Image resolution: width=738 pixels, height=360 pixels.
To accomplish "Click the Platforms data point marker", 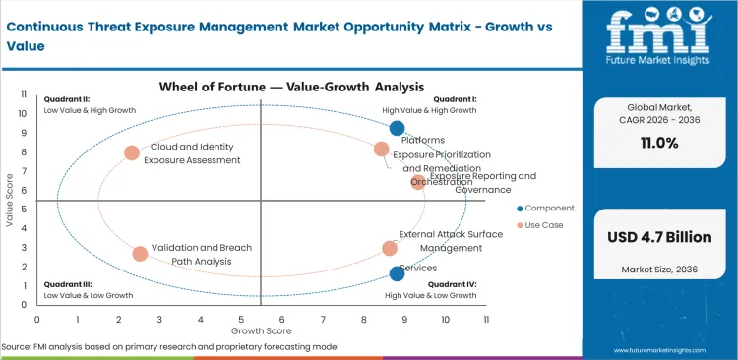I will [x=397, y=128].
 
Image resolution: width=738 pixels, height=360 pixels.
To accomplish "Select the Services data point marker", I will [x=397, y=273].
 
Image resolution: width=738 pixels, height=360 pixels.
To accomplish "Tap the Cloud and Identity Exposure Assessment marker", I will [x=132, y=152].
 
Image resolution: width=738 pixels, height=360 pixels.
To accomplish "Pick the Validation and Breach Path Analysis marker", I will [x=140, y=254].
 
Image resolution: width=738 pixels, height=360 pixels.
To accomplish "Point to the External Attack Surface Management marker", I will [x=390, y=249].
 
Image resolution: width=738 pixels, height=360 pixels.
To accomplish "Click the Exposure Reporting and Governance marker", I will [x=418, y=182].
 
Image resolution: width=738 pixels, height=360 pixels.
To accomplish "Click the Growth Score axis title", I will [x=261, y=331].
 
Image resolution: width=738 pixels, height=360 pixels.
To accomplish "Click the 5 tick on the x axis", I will [x=241, y=320].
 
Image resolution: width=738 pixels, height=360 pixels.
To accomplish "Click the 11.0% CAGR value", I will [x=659, y=144].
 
